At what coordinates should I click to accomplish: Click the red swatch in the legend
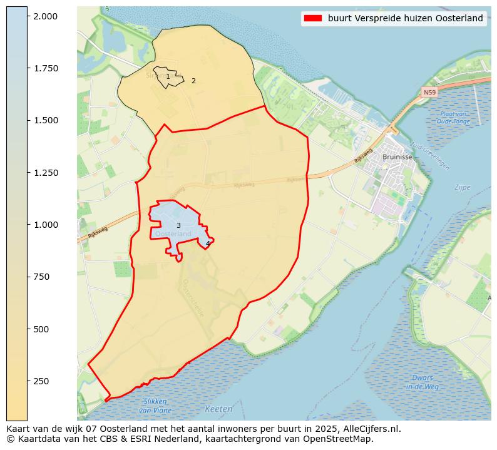coord(312,18)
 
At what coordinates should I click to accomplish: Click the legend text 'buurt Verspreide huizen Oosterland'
coord(405,18)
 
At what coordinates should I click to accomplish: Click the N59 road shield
coord(429,93)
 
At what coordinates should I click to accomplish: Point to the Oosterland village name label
coord(173,234)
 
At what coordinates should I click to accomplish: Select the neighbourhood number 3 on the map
coord(178,226)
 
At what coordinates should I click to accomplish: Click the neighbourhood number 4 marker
coord(208,244)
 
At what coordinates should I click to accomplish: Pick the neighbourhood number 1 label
coord(168,77)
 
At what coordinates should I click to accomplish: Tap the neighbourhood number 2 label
coord(193,81)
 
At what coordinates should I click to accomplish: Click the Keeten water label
coord(218,409)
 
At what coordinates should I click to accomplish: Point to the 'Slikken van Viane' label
coord(155,406)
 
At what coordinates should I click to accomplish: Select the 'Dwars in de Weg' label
coord(423,382)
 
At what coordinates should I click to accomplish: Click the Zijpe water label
coord(462,187)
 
